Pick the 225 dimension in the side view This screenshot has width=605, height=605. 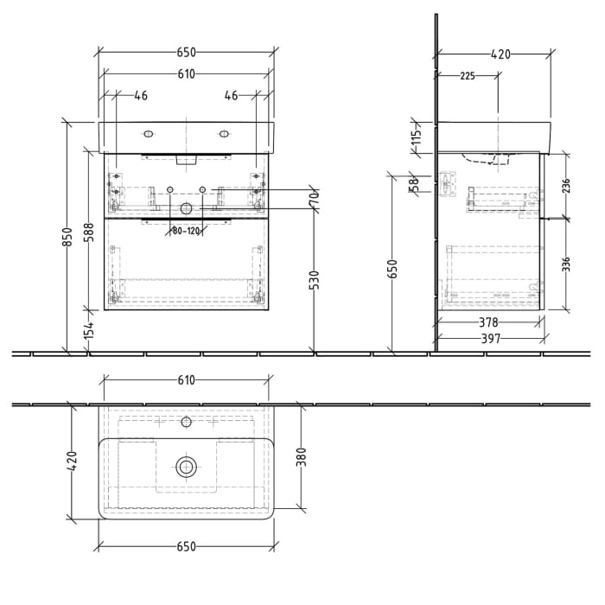[x=467, y=76]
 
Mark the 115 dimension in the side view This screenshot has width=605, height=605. [x=416, y=136]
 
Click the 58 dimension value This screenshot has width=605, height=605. [x=416, y=182]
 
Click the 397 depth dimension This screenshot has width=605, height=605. [x=491, y=339]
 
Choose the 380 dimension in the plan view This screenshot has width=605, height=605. [x=302, y=456]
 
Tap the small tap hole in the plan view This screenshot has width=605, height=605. [x=186, y=423]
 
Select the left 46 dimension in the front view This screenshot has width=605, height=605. [x=141, y=95]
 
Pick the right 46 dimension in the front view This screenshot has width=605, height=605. [x=231, y=95]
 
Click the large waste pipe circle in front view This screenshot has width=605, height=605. [x=186, y=208]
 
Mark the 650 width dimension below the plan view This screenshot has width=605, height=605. [x=187, y=546]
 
